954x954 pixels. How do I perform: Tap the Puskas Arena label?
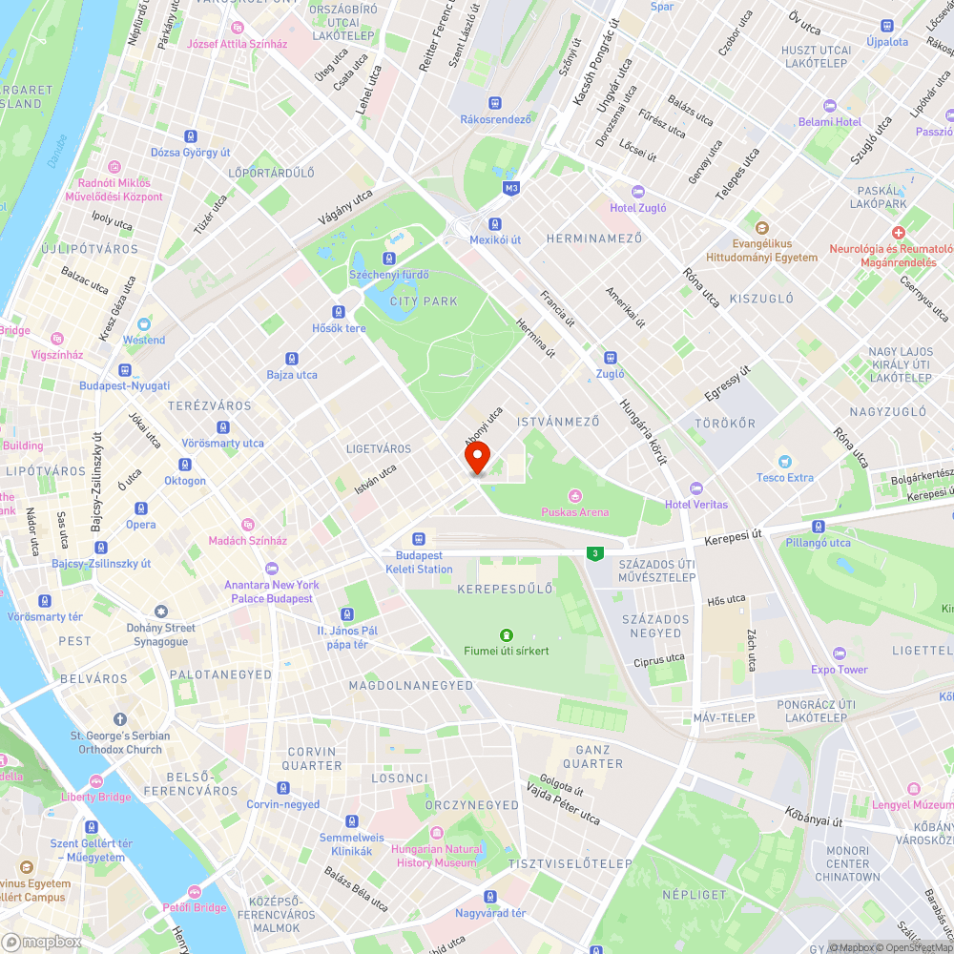tap(574, 512)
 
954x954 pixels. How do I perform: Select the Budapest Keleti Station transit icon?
tap(418, 539)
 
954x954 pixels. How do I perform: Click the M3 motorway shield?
tap(512, 188)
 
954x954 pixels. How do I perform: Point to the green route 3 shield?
tap(595, 553)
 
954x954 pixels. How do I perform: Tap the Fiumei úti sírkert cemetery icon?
tap(506, 634)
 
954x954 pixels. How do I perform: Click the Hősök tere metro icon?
tap(339, 312)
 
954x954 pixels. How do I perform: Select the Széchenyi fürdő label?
tap(389, 275)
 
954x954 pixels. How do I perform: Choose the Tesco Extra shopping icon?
tap(785, 461)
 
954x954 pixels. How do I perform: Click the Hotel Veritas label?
tap(696, 504)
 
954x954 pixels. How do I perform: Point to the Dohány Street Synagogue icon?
tap(160, 611)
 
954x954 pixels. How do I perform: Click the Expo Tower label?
tap(840, 670)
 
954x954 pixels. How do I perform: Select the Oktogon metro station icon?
tap(184, 465)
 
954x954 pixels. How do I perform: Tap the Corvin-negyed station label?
tap(283, 804)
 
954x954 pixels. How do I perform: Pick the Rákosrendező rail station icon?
tap(495, 103)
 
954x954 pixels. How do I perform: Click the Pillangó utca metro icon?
tap(818, 527)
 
